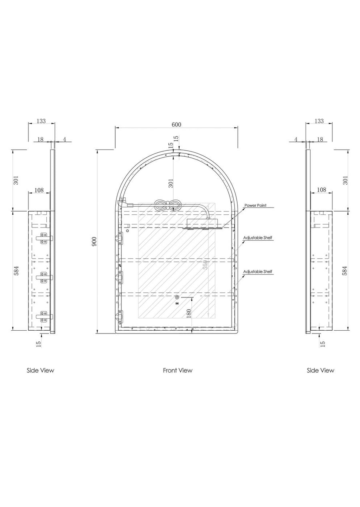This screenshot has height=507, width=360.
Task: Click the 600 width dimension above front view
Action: (176, 125)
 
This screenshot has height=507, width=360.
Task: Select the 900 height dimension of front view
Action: (94, 242)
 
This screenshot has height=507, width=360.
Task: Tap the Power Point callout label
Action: (255, 206)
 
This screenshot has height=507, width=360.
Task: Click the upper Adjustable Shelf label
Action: (258, 238)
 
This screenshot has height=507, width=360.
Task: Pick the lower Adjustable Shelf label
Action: (258, 271)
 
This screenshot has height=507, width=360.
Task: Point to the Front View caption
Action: (178, 371)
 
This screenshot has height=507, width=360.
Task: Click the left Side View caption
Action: (40, 371)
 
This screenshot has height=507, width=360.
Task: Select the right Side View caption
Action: (320, 371)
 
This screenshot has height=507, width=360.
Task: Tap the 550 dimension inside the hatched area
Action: (205, 265)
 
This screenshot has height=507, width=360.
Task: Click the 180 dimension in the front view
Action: (189, 313)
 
